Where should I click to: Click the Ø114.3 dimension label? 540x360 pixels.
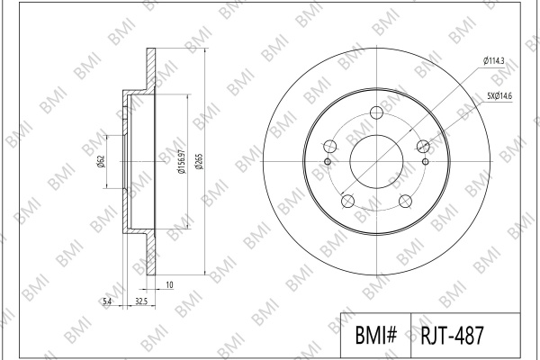[493, 61]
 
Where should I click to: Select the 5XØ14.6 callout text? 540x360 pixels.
[499, 96]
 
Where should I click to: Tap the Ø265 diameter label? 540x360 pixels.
[200, 161]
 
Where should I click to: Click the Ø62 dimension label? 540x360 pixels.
[101, 162]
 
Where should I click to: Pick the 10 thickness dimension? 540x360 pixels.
[169, 285]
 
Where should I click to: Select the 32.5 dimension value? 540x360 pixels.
[141, 301]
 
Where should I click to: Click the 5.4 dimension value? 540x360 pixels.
[107, 301]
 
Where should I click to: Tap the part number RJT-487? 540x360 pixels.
[452, 335]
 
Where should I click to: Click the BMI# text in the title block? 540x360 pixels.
[375, 335]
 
